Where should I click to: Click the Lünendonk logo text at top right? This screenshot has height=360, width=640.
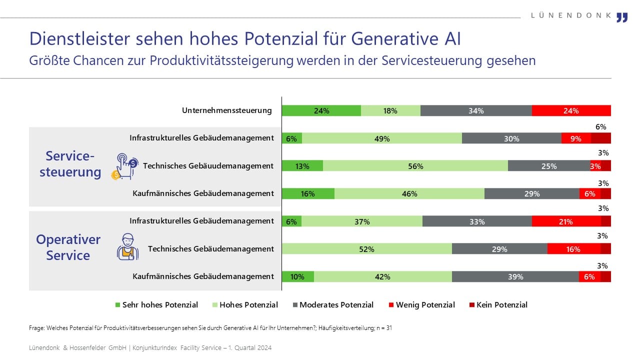[570, 15]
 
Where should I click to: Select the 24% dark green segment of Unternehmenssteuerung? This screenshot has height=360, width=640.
[321, 111]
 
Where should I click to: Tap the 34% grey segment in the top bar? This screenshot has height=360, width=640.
[476, 111]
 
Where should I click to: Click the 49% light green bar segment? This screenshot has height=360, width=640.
[381, 138]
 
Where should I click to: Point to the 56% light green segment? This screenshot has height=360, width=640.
[415, 166]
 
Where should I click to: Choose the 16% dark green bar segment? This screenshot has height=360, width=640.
[308, 193]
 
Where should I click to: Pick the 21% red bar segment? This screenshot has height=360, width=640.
[566, 221]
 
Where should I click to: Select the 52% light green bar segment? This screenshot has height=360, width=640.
[366, 249]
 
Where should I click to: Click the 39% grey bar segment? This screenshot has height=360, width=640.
[515, 276]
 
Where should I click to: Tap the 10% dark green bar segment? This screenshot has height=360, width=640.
[297, 276]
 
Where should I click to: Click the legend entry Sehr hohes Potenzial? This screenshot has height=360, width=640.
[156, 304]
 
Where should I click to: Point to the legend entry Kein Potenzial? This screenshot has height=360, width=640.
[498, 304]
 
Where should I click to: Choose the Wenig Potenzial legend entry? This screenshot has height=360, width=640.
[421, 304]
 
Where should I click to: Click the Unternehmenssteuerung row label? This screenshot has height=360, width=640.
[226, 110]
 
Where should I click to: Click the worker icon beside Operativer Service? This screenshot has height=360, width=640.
[127, 246]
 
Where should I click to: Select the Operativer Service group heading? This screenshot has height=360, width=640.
[68, 247]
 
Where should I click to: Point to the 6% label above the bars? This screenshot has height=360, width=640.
[600, 127]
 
